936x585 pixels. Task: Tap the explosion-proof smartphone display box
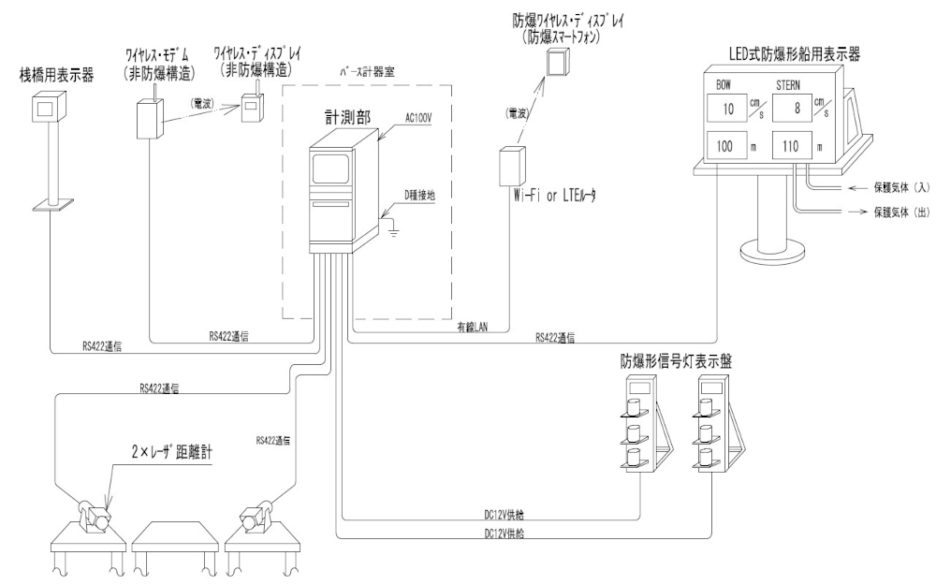(x=558, y=63)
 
